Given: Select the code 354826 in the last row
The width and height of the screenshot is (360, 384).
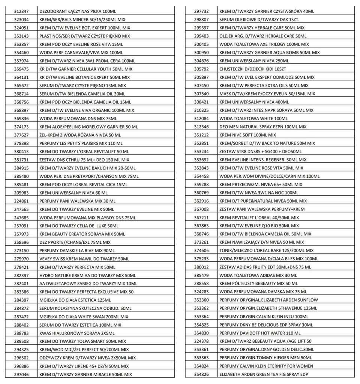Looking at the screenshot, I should (x=201, y=374).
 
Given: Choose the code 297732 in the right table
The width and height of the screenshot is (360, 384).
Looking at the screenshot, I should (x=201, y=12).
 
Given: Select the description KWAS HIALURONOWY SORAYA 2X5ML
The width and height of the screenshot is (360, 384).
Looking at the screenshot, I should (x=77, y=333).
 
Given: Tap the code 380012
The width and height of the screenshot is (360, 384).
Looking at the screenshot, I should (x=201, y=267).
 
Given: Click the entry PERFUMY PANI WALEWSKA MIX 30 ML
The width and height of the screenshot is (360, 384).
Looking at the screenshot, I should (x=77, y=201).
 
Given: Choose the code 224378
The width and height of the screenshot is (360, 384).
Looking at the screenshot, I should (x=201, y=341).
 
